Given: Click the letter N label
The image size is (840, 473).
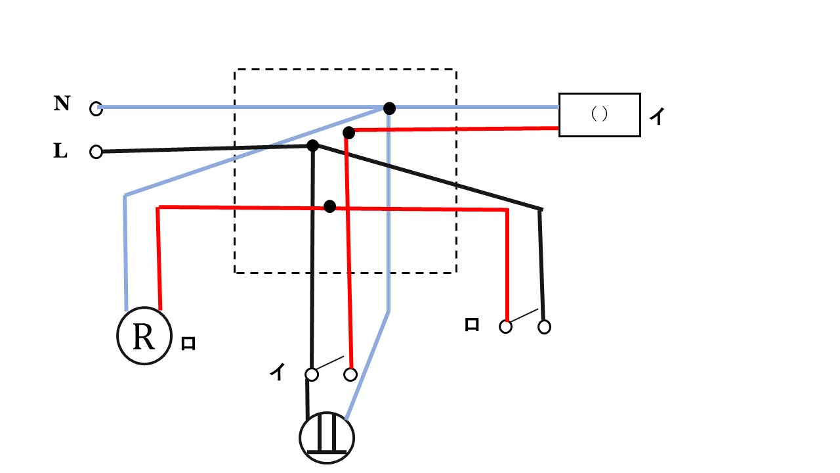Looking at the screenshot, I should [x=62, y=103].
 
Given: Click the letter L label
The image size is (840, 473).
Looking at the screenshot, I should [x=60, y=151].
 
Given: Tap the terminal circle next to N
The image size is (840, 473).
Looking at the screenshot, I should [x=96, y=109].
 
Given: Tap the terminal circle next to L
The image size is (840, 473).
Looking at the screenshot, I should [x=96, y=152].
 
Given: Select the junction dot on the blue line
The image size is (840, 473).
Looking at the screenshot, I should [x=389, y=108].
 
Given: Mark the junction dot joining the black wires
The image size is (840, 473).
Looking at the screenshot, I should [x=313, y=145].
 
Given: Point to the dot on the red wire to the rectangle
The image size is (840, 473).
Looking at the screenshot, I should [x=348, y=133].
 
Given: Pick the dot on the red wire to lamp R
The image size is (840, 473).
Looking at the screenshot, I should [x=330, y=207].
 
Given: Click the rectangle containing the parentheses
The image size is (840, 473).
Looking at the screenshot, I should [x=599, y=114].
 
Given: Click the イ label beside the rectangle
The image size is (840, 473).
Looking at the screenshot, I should [x=657, y=117].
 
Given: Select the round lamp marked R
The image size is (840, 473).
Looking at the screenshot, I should [x=144, y=336].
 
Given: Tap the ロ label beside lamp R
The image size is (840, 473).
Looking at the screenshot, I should [x=188, y=344].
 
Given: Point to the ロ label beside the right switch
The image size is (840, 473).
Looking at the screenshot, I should [x=471, y=325].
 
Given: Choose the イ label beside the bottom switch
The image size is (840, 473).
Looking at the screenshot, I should [x=278, y=372].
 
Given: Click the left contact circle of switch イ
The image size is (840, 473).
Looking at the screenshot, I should [x=312, y=374].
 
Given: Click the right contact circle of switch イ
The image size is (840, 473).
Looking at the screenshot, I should [x=350, y=374].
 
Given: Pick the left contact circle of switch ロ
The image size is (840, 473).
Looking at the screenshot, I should [x=505, y=327].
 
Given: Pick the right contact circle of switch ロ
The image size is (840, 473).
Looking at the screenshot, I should [x=544, y=327].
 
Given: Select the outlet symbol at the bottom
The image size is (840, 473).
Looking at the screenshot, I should [x=327, y=438].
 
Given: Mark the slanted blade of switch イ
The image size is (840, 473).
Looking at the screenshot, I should [x=329, y=363].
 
